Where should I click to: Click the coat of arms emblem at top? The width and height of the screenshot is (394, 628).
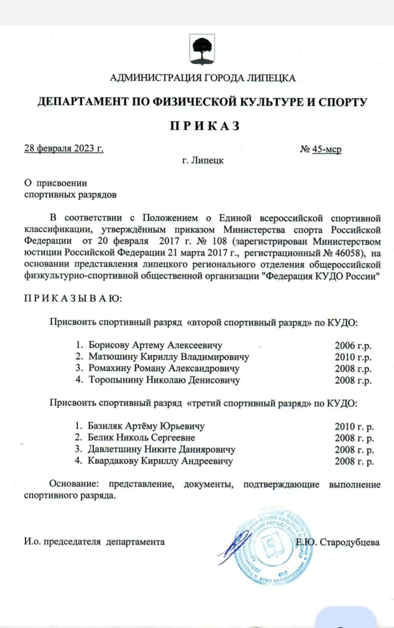click(x=202, y=49)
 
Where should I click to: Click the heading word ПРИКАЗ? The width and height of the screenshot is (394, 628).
click(x=205, y=126)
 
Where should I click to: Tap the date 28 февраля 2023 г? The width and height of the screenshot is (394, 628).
click(x=64, y=148)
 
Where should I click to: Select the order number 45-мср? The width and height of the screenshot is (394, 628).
click(x=326, y=149)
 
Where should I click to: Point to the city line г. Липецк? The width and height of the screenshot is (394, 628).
click(x=203, y=160)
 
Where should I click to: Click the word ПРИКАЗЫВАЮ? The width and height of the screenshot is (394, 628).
click(x=73, y=299)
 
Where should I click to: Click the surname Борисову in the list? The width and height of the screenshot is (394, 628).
click(x=109, y=345)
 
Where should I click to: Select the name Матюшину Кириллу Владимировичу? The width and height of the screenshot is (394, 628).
click(x=169, y=357)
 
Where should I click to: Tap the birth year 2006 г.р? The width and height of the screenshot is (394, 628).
click(x=353, y=345)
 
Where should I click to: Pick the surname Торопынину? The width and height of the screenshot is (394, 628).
click(x=116, y=380)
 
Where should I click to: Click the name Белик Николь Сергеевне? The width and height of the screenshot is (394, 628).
click(x=141, y=438)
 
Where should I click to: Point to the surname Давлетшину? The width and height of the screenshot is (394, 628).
click(x=114, y=449)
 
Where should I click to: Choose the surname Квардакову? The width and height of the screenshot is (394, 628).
click(x=113, y=461)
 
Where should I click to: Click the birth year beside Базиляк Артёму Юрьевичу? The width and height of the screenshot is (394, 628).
click(x=354, y=426)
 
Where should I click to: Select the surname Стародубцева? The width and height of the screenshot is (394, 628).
click(x=349, y=542)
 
